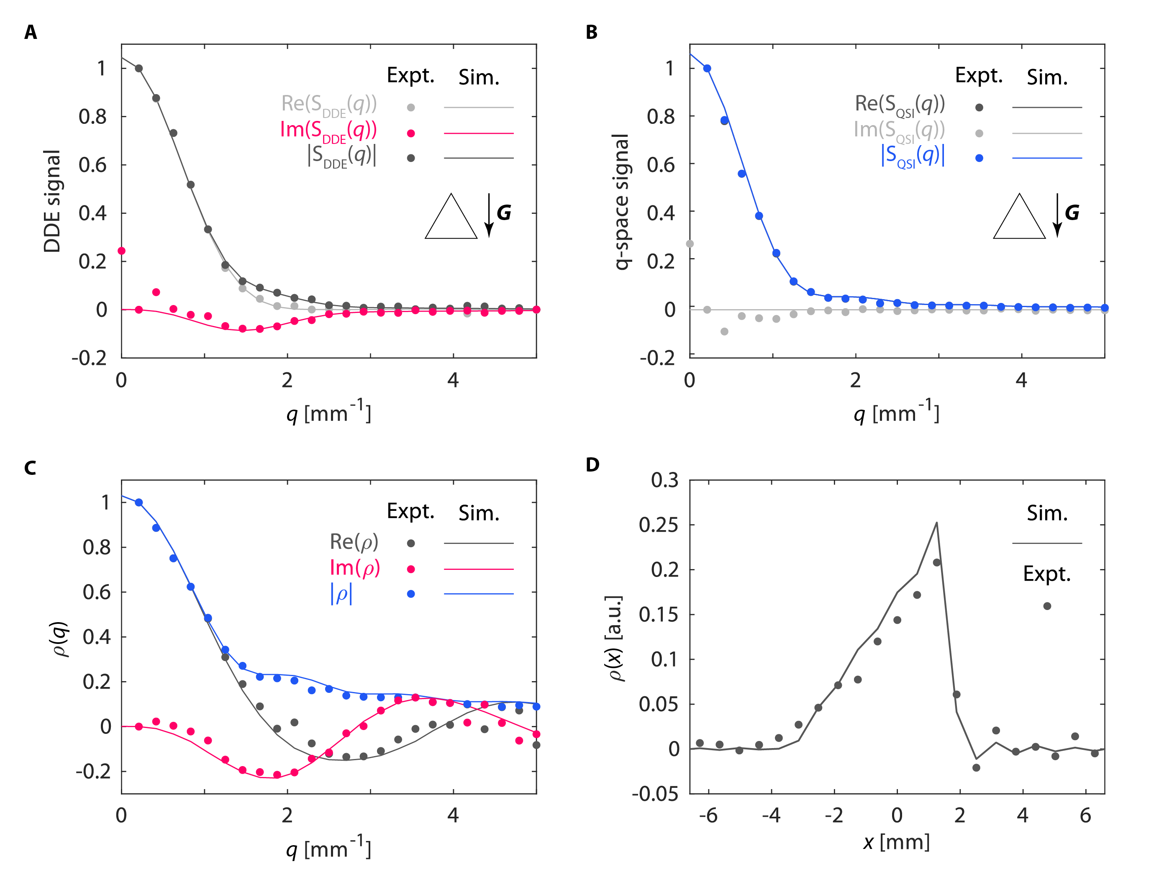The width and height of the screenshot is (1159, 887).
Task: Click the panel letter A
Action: (31, 33)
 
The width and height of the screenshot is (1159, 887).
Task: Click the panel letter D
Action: (592, 464)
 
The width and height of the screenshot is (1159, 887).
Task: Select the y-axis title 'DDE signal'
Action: (52, 201)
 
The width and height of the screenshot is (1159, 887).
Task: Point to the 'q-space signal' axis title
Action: (621, 202)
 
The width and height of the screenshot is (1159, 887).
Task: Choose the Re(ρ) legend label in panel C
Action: (354, 542)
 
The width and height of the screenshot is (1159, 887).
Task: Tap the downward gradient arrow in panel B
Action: (1057, 215)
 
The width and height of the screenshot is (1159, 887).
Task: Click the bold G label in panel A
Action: (504, 213)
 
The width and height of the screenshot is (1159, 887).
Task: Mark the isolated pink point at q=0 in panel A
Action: (121, 251)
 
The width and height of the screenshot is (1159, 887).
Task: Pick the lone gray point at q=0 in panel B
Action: (690, 244)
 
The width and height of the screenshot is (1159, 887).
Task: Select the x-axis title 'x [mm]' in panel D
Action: (896, 841)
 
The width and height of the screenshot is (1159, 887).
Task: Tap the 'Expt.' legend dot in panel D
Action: (1047, 606)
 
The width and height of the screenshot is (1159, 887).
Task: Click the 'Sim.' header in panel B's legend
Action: (1047, 78)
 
